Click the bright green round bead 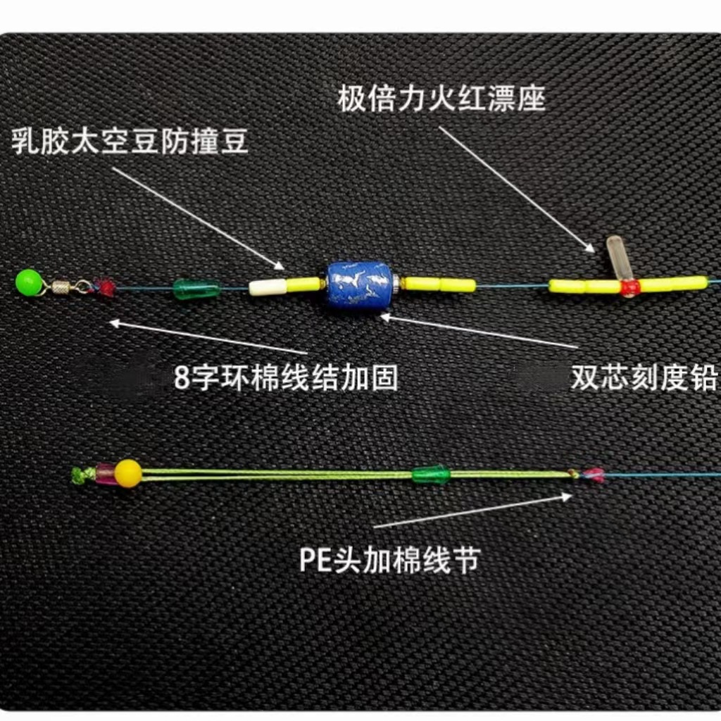coord(29,282)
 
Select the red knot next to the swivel coord(106,287)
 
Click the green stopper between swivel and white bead coord(196,289)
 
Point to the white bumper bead coord(268,287)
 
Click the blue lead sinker coord(360,284)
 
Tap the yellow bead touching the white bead coord(304,284)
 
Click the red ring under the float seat coord(629,288)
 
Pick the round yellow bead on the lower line coord(128,473)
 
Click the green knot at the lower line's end coord(80,476)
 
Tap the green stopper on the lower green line coord(430,475)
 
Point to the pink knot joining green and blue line coord(593,475)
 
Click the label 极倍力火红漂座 coord(441,98)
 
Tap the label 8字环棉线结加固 coord(285,378)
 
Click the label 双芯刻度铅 coord(644,378)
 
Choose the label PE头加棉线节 coord(389,560)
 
